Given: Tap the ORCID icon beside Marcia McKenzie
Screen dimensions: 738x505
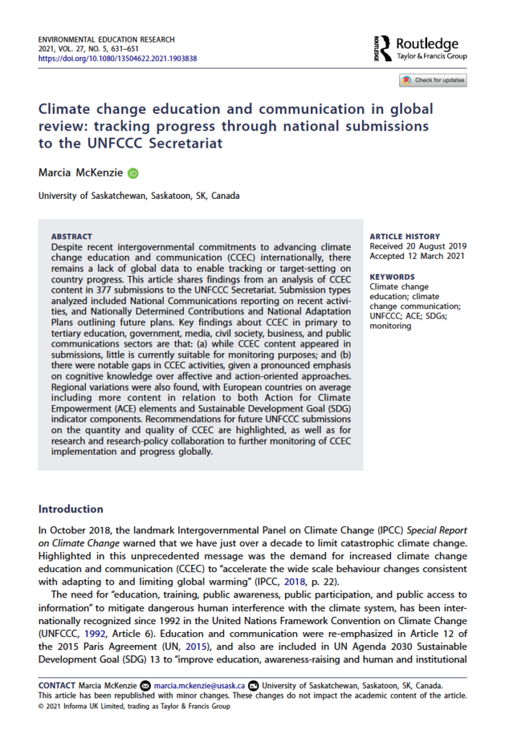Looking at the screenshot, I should (133, 173).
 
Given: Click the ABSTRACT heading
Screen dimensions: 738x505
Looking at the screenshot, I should (72, 236).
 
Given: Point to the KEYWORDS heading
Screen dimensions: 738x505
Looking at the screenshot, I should (392, 277).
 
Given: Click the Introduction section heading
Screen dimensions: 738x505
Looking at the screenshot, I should (71, 509).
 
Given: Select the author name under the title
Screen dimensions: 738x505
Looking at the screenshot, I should (81, 173).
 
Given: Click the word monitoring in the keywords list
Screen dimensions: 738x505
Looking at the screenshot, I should (391, 326).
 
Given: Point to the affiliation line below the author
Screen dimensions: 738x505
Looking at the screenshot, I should (139, 195).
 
